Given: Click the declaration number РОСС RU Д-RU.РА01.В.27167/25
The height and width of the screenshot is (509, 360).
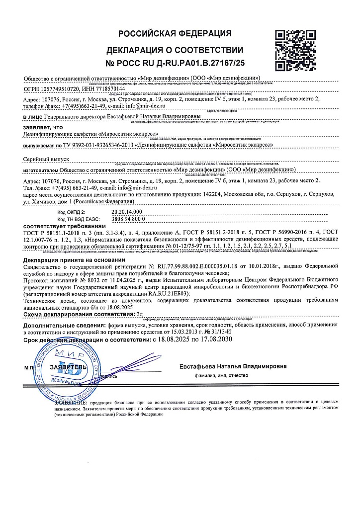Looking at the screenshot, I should click(176, 63).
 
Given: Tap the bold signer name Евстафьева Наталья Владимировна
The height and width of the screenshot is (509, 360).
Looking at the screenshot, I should click(233, 366).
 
